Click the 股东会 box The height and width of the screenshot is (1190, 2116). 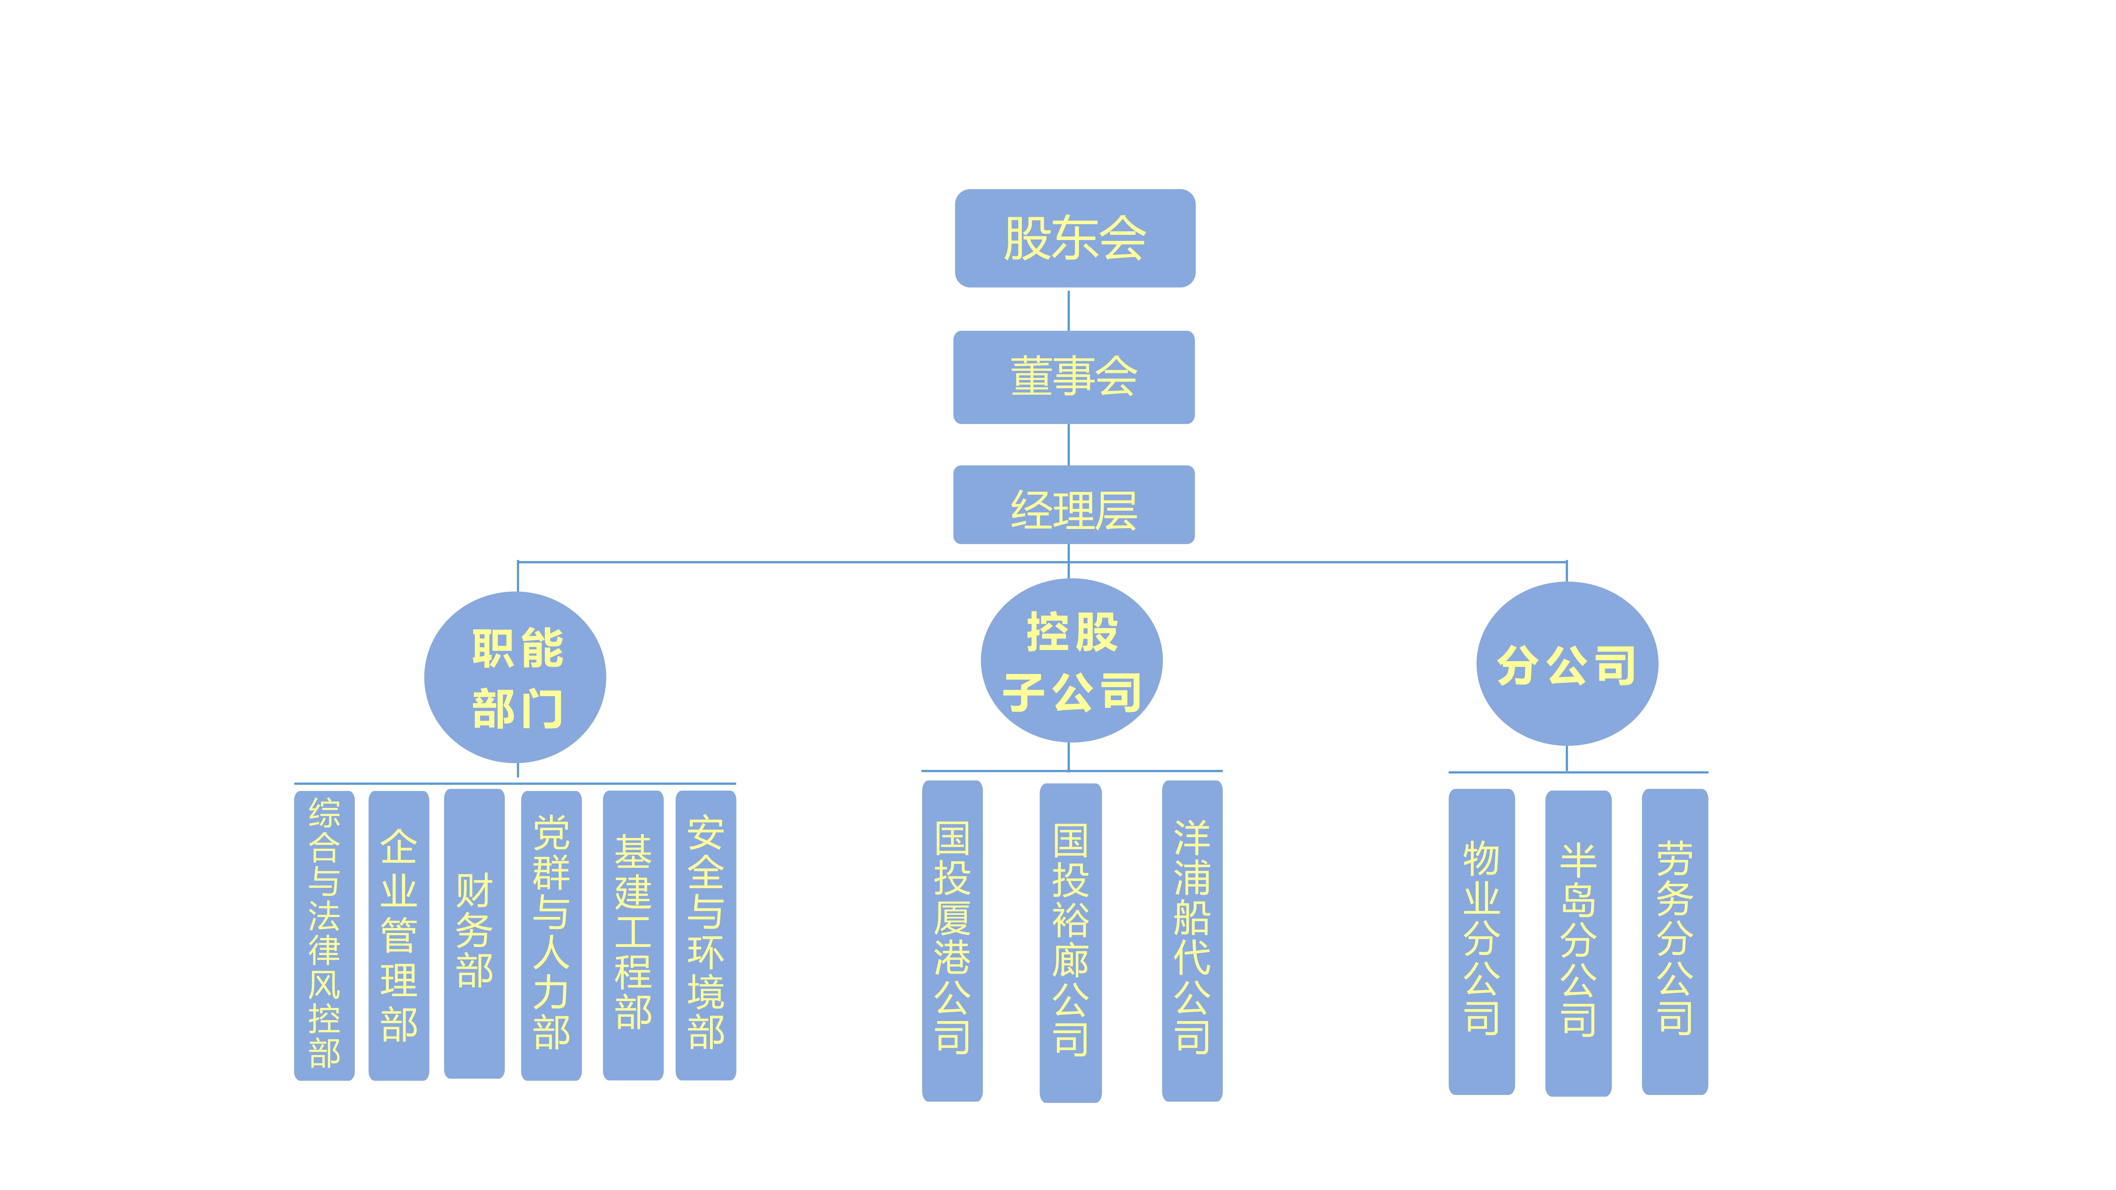[1075, 238]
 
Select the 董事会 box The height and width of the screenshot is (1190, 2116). [1074, 377]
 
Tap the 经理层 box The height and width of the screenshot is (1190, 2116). [1074, 504]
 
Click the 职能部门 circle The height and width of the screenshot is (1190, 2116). [515, 678]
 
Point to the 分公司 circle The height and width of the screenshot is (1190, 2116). [1566, 664]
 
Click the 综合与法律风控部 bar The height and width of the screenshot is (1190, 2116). [325, 935]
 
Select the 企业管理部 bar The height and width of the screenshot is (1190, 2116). [398, 935]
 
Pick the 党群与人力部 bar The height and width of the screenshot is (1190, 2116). [551, 935]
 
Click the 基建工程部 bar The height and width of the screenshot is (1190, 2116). [633, 935]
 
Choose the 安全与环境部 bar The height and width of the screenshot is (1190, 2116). [706, 935]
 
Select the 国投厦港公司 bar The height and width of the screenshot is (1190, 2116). [952, 940]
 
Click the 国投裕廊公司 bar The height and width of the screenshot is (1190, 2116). [1070, 942]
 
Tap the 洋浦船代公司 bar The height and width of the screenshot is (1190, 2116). [1192, 940]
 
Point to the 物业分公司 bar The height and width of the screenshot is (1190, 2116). [1481, 941]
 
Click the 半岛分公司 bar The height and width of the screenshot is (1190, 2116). [1578, 943]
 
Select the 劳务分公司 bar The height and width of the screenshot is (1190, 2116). [1674, 941]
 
